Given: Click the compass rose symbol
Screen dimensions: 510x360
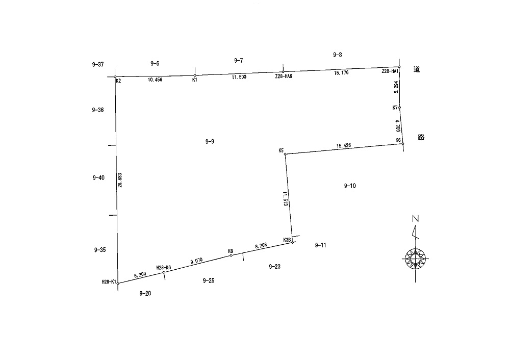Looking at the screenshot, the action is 415,259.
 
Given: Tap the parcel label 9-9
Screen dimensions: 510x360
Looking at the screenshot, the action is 210,141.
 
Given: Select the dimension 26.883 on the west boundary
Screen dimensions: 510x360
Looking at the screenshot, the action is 120,180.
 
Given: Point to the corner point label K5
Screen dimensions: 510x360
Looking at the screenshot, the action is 281,150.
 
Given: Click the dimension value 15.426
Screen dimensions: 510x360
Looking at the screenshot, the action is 344,145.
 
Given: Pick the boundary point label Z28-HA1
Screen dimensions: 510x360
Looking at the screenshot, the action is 390,71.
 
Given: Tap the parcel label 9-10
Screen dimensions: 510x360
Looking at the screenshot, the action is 350,186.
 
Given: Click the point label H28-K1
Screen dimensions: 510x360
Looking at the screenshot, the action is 109,282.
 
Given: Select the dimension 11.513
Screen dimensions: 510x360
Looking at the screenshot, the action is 285,198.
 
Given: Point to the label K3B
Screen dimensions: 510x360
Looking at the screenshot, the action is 287,240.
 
